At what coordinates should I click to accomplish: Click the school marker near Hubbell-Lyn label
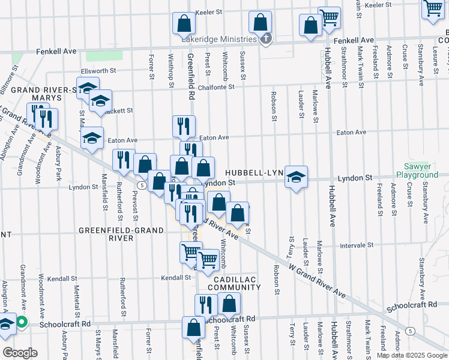pyautogui.click(x=296, y=176)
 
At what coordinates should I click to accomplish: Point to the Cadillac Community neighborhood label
pyautogui.click(x=234, y=283)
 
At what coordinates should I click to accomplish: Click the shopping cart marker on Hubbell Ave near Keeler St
pyautogui.click(x=329, y=18)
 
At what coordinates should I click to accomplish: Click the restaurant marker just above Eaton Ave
pyautogui.click(x=184, y=125)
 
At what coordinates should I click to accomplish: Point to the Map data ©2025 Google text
pyautogui.click(x=411, y=355)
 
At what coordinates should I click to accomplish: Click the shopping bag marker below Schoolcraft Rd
pyautogui.click(x=193, y=328)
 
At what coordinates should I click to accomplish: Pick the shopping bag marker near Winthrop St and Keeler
pyautogui.click(x=184, y=23)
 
